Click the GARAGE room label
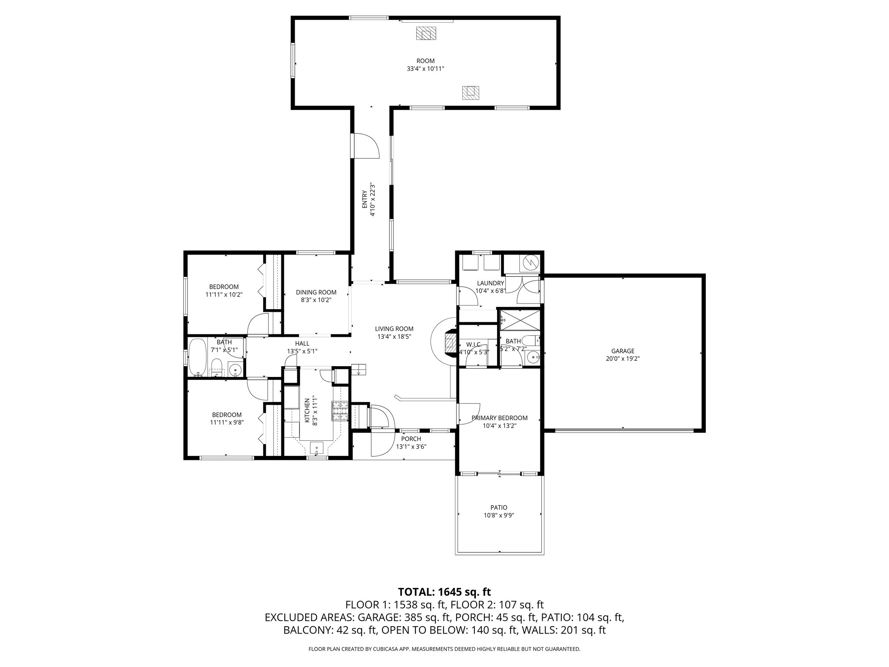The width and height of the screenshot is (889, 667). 623,351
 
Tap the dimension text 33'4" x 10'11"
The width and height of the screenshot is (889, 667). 425,69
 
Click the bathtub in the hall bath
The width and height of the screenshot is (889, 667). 198,357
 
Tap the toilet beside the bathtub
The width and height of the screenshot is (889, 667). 216,367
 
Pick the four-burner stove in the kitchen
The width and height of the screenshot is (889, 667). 340,411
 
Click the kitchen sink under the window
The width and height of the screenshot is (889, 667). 316,447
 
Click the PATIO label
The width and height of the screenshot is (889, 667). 499,507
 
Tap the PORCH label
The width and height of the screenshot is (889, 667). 411,439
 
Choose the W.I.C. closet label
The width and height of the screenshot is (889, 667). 474,344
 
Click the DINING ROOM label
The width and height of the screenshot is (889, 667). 316,292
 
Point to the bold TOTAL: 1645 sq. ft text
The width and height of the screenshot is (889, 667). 444,591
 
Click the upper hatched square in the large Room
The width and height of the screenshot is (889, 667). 426,33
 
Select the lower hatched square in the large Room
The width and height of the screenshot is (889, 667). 471,92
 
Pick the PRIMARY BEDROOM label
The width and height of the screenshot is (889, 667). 499,418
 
